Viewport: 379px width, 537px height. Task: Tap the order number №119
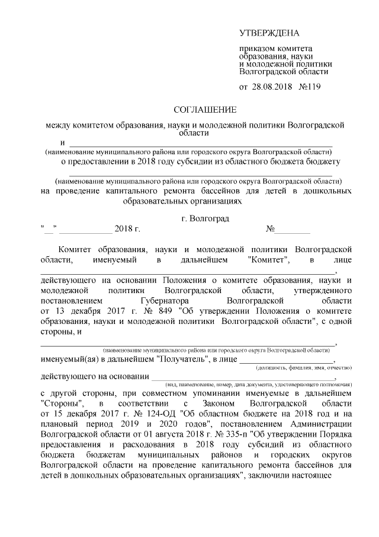click(311, 87)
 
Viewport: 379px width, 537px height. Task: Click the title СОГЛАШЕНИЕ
click(204, 110)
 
